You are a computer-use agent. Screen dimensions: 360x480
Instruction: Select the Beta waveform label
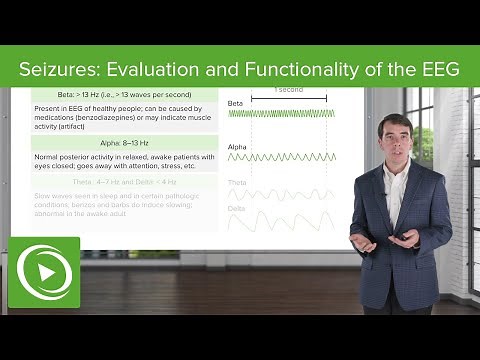pyautogui.click(x=236, y=103)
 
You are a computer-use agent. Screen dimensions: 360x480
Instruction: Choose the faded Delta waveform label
pyautogui.click(x=237, y=208)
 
